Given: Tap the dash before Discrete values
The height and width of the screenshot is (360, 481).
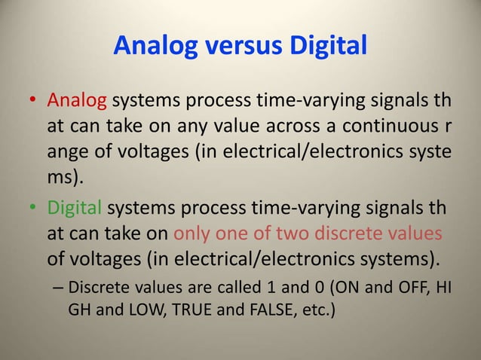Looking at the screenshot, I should (58, 287).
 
